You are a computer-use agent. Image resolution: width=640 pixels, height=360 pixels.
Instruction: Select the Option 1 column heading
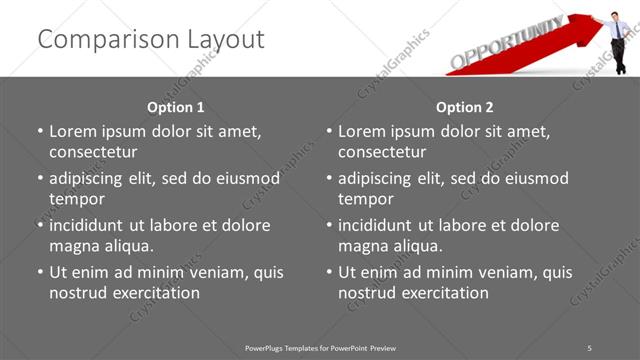click(x=176, y=107)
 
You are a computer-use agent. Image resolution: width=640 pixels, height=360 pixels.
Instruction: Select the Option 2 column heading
click(x=465, y=107)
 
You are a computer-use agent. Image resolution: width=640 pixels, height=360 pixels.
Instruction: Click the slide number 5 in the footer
click(x=589, y=347)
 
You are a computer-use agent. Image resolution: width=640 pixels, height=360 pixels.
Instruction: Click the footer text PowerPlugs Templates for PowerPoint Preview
click(x=320, y=347)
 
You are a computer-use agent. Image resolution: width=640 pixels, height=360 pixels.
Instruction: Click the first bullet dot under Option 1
click(x=40, y=132)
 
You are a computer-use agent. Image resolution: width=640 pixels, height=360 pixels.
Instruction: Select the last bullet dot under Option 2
click(x=329, y=272)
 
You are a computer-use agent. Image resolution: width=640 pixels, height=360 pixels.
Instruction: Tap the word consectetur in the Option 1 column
click(x=93, y=152)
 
